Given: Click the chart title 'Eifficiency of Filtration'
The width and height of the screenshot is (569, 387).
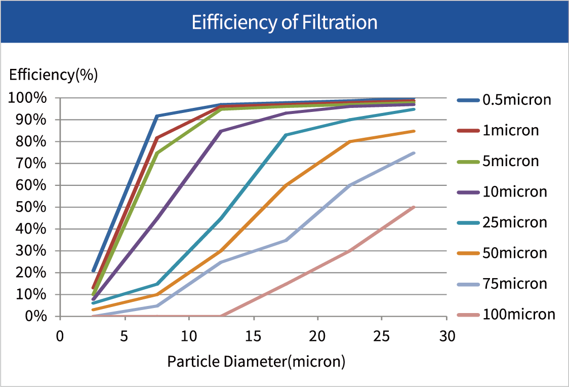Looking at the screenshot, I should pyautogui.click(x=284, y=23).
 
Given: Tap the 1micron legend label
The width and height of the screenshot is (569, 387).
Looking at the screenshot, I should pyautogui.click(x=510, y=131).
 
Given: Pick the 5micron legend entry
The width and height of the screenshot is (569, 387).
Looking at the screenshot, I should pyautogui.click(x=510, y=162).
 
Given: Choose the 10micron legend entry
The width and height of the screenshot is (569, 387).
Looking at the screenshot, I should pyautogui.click(x=514, y=192).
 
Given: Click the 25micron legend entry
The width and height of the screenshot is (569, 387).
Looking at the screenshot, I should pyautogui.click(x=514, y=222).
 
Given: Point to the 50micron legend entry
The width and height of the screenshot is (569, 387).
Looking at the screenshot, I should pyautogui.click(x=514, y=253).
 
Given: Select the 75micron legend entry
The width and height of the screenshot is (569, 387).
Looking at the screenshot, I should pyautogui.click(x=514, y=284).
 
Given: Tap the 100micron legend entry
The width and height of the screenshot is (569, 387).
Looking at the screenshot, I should pyautogui.click(x=518, y=315).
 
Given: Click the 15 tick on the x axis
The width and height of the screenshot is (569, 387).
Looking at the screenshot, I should pyautogui.click(x=253, y=336).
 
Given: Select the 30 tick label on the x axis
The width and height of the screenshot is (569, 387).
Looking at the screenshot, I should pyautogui.click(x=446, y=336).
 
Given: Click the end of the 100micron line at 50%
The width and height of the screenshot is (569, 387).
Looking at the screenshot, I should pyautogui.click(x=415, y=207).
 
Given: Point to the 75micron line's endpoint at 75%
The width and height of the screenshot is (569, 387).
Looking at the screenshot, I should pyautogui.click(x=415, y=153).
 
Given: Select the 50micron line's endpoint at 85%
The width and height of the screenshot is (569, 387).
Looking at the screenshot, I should pyautogui.click(x=415, y=131).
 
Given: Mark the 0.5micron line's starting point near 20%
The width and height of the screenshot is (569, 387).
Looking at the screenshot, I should pyautogui.click(x=93, y=271).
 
